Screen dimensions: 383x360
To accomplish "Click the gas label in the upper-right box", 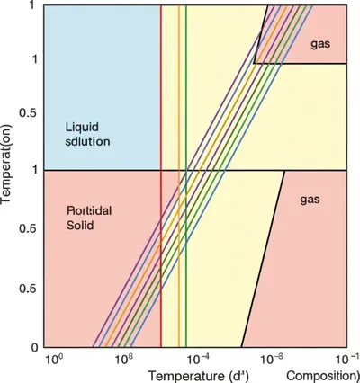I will coord(321,45).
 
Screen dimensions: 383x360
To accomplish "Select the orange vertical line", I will coord(178,90).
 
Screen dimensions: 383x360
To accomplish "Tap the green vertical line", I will coord(186,90).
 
